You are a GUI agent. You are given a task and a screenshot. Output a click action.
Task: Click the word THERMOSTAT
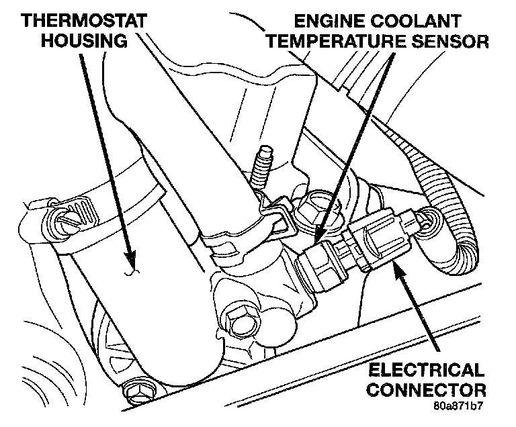[x=82, y=20]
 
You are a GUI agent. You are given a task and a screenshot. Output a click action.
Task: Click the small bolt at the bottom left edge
[x=136, y=389]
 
